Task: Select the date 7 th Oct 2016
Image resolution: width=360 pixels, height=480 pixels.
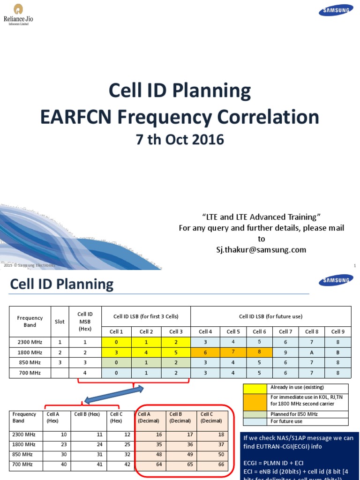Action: click(180, 140)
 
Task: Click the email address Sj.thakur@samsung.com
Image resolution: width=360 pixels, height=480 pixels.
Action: click(258, 250)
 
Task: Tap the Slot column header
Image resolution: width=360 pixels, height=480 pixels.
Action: click(60, 322)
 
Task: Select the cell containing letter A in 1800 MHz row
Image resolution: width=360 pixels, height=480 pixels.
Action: click(311, 352)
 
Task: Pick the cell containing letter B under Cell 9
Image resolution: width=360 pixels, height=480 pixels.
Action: click(337, 352)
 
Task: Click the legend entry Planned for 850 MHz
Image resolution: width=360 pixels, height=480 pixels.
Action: click(293, 414)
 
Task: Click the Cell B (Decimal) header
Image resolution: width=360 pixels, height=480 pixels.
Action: click(180, 417)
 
